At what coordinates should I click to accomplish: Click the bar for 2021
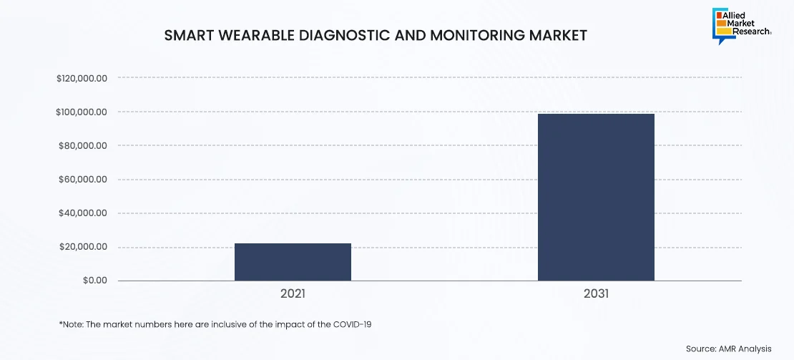pos(293,262)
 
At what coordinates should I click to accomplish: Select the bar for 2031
pos(596,197)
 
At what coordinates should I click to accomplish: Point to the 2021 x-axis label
pos(293,293)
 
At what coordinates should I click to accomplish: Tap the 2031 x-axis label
pos(596,293)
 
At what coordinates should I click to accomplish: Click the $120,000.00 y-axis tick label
pos(82,78)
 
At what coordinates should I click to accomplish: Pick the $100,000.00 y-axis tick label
pos(82,112)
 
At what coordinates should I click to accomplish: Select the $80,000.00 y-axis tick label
pos(83,145)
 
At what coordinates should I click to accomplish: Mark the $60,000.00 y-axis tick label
pos(83,180)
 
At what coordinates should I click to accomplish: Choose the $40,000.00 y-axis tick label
pos(83,213)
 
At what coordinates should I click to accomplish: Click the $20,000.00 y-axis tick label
pos(83,247)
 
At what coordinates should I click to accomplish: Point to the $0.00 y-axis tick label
pos(94,281)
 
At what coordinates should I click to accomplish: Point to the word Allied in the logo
pos(745,14)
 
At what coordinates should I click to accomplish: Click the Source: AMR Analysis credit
pos(728,349)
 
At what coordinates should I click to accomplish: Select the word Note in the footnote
pos(72,324)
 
